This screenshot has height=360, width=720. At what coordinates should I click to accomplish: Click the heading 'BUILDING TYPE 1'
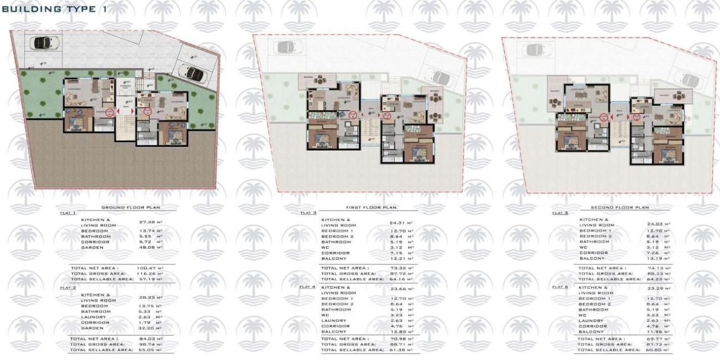[x=53, y=10]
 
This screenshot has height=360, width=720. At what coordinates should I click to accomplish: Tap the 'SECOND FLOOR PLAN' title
[x=620, y=208]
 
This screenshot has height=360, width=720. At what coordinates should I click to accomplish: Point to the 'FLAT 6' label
[x=559, y=287]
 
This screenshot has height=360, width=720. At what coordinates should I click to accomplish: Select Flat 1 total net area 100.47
[x=148, y=268]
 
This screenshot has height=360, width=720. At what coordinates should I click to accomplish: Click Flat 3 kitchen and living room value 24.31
[x=398, y=223]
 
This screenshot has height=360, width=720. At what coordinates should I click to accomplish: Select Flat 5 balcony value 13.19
[x=655, y=258]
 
